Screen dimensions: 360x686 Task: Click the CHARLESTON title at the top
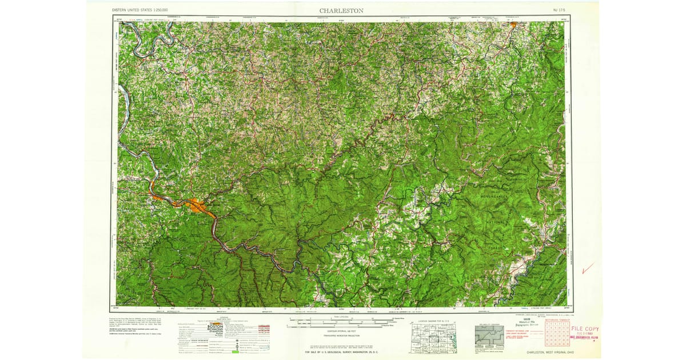(x=341, y=10)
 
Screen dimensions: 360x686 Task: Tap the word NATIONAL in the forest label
(x=498, y=220)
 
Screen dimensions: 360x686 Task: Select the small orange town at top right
(x=514, y=25)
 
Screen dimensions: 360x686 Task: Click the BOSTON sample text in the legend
(x=216, y=325)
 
